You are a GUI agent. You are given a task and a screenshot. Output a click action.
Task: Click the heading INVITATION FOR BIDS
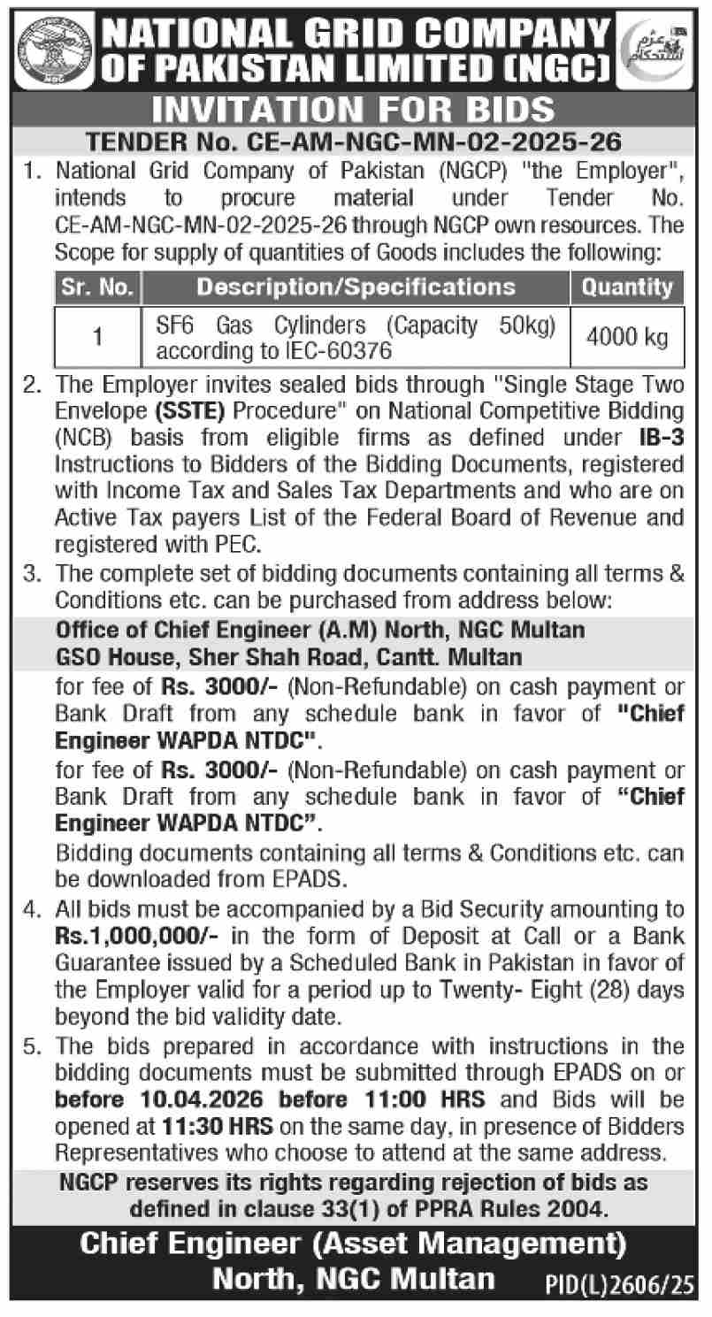pyautogui.click(x=355, y=111)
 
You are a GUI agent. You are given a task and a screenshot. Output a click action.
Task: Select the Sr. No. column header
pyautogui.click(x=98, y=287)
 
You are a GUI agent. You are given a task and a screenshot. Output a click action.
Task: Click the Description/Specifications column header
pyautogui.click(x=356, y=287)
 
